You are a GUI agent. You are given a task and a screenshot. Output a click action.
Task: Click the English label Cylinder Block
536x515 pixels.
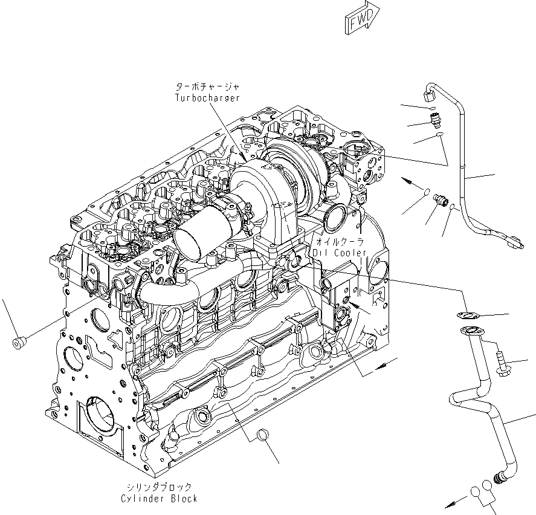point(158,498)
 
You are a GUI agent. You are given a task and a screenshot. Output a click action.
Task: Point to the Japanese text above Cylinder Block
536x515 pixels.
point(159,487)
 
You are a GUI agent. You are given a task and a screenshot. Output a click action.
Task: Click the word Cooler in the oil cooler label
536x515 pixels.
point(349,252)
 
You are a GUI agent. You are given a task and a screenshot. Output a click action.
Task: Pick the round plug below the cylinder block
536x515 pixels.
point(262,435)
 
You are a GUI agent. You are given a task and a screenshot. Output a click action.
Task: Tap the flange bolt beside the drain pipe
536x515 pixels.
point(502,362)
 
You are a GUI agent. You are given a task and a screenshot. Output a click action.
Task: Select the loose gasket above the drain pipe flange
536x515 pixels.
point(465,314)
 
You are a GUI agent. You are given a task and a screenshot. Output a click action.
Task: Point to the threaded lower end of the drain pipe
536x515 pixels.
point(500,478)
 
